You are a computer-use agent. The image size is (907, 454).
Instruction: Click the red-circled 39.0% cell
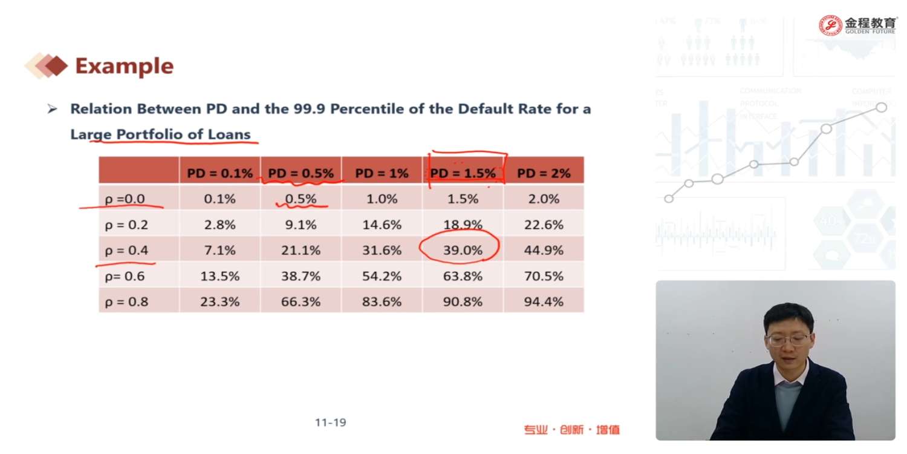[x=463, y=250]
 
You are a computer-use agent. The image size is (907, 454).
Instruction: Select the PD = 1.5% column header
[x=463, y=173]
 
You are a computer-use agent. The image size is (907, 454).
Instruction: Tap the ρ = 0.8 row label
[x=126, y=301]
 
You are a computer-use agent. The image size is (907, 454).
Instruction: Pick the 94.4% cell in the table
[x=544, y=301]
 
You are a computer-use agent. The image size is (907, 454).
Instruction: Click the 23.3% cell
[x=219, y=301]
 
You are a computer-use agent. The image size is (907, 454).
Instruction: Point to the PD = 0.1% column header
[x=219, y=173]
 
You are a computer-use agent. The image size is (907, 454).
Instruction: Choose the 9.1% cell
[x=301, y=225]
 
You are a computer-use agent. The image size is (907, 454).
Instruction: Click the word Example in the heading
[x=124, y=66]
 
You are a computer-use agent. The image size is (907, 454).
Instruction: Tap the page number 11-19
[x=330, y=423]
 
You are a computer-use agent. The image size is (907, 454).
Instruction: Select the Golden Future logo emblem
[x=831, y=24]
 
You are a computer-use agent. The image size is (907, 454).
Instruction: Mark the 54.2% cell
[x=382, y=276]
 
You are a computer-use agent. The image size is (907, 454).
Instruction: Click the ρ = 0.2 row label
[x=126, y=225]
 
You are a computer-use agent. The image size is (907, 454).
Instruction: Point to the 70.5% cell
[x=544, y=276]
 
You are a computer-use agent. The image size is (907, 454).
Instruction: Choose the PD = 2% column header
[x=544, y=173]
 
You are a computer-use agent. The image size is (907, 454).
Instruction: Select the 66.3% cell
[x=301, y=301]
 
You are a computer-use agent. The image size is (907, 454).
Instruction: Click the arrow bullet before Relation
[x=53, y=110]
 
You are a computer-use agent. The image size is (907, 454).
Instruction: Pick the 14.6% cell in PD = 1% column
[x=382, y=225]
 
